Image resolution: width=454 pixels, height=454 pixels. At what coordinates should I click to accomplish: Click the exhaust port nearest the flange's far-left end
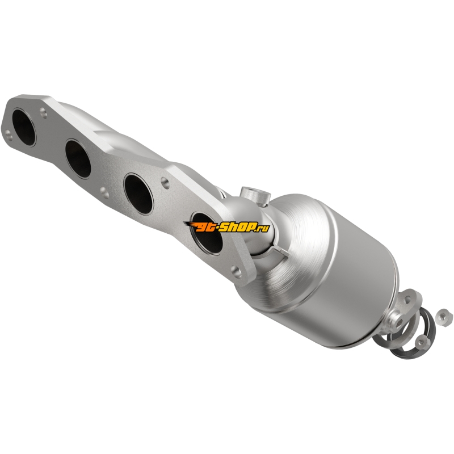(24, 127)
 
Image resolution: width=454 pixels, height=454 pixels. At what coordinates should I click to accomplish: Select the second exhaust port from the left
(78, 158)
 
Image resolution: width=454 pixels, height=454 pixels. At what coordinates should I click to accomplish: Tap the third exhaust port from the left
(138, 194)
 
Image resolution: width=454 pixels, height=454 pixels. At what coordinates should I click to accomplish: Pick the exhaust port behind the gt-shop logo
(207, 233)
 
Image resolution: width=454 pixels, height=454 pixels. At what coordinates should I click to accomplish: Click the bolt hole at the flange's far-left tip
(9, 135)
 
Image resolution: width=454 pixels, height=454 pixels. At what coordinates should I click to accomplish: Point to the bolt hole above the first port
(44, 112)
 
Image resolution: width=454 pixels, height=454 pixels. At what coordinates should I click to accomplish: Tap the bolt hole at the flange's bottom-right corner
(237, 271)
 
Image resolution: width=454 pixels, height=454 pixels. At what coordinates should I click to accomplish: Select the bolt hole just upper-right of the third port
(165, 183)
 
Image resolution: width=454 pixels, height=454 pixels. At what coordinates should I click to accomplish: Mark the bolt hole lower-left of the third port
(104, 192)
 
